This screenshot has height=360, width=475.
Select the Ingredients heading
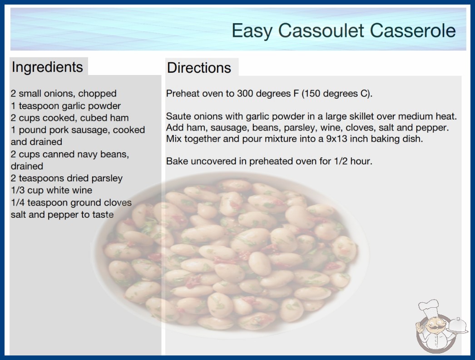tap(47, 67)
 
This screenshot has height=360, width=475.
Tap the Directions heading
tap(199, 68)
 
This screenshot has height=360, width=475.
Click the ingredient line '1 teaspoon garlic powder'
tap(66, 106)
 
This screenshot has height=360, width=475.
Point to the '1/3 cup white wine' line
tap(51, 190)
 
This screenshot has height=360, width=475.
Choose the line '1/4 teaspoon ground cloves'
tap(71, 203)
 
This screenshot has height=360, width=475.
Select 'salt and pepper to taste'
tap(62, 215)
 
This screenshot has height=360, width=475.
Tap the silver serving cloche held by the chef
tap(458, 326)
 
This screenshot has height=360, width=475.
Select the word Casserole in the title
tap(413, 30)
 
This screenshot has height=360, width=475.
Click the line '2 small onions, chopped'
tap(64, 94)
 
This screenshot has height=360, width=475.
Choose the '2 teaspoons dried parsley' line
tap(67, 178)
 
